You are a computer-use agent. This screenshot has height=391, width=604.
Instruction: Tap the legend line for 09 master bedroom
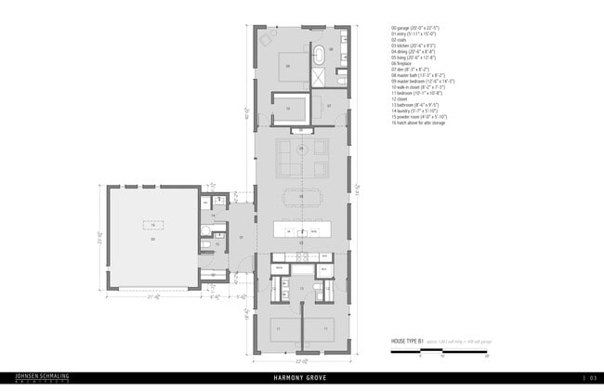click(428, 81)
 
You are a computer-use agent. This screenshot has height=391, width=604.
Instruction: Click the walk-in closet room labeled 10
click(288, 108)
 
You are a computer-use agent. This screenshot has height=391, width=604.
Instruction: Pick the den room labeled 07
click(330, 106)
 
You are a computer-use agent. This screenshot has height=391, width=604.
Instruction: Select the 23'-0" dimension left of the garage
click(98, 236)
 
